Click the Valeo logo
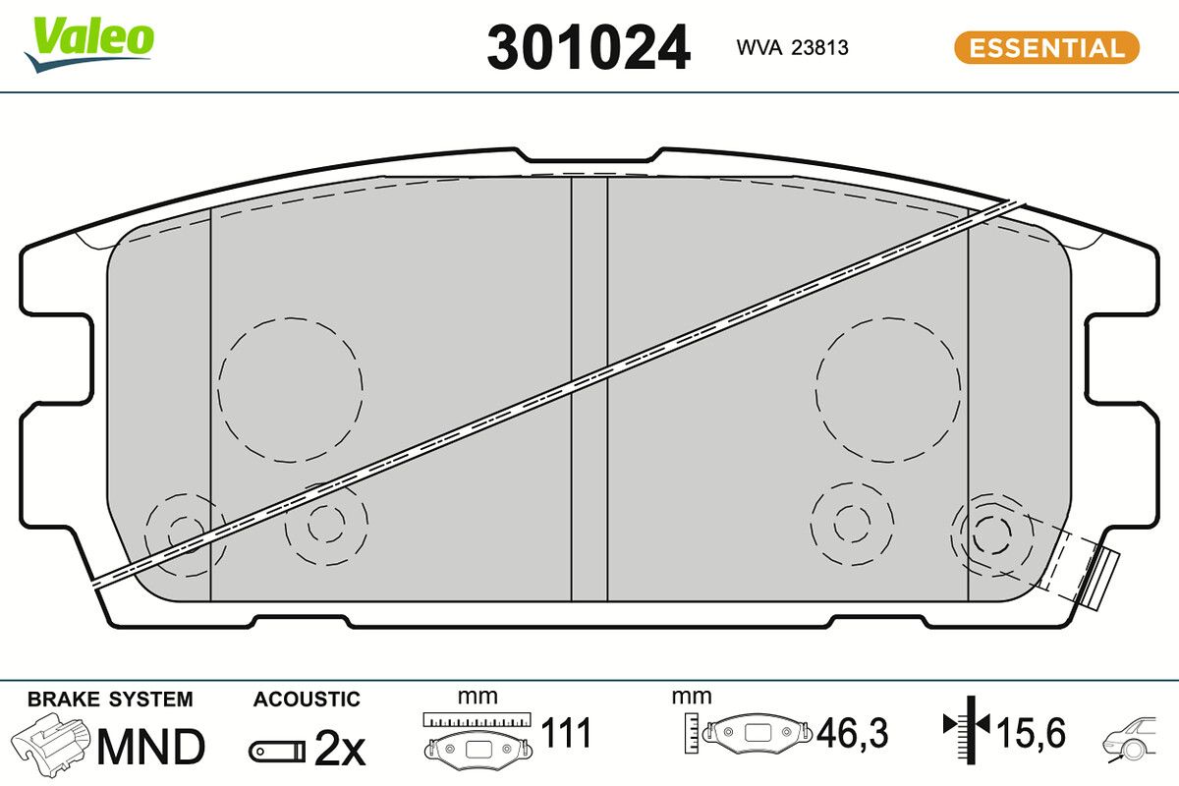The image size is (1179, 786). [x=88, y=44]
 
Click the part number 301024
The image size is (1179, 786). [x=588, y=48]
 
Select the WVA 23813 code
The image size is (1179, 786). [x=792, y=48]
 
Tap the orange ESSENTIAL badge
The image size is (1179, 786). [x=1047, y=48]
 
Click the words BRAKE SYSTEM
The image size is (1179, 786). [x=110, y=700]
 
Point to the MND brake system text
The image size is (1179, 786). [x=151, y=747]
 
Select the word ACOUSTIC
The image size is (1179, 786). [x=307, y=700]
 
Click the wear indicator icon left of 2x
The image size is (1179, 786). [x=277, y=752]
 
